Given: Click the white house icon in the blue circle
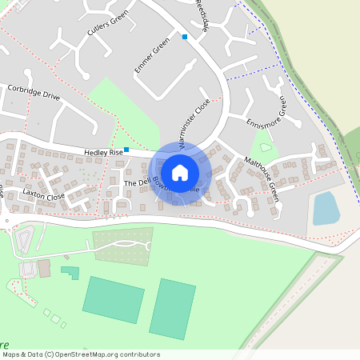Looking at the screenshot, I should tap(180, 172).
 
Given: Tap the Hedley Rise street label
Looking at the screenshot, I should tap(104, 152).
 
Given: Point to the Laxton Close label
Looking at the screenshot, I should tap(43, 194).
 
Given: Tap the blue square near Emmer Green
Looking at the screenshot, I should tap(185, 37).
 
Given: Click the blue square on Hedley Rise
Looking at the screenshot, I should tap(126, 149).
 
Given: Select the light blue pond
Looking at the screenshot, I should tap(326, 208).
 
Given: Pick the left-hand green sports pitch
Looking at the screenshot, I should tap(113, 299).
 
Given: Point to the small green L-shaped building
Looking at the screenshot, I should tap(71, 272).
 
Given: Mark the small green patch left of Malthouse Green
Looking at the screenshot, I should tap(265, 147).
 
